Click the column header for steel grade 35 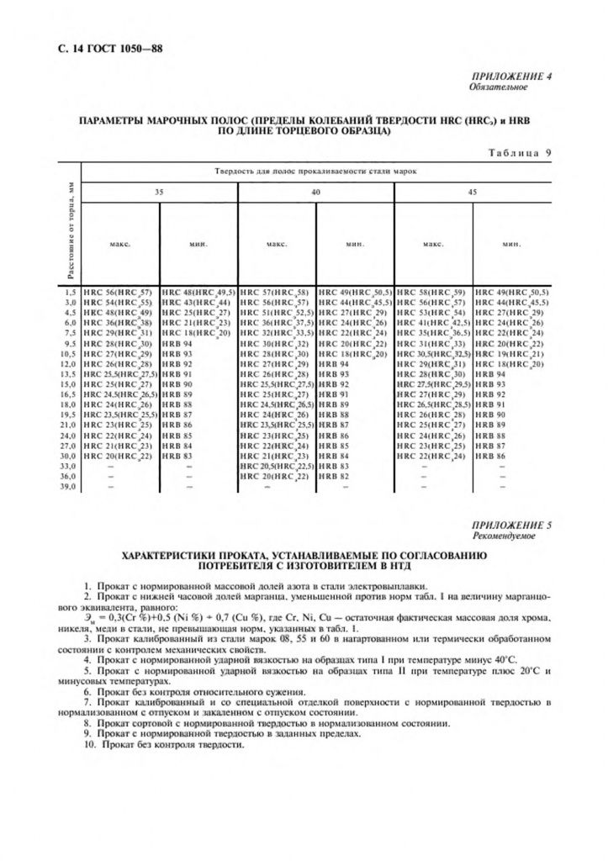click(160, 193)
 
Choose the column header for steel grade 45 click(472, 193)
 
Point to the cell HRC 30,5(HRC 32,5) click(432, 355)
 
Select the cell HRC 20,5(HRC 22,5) click(277, 466)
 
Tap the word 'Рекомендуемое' click(503, 536)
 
